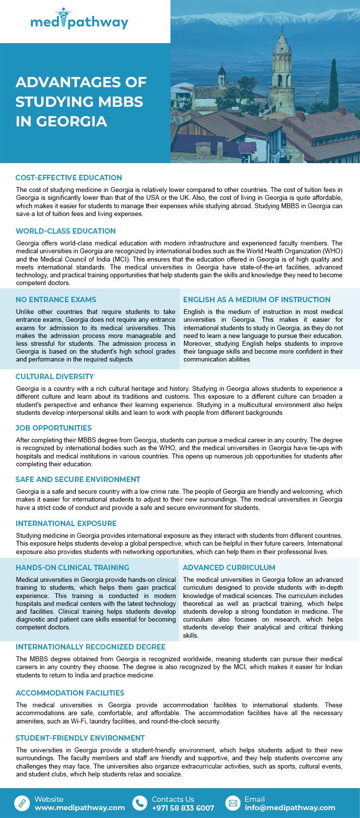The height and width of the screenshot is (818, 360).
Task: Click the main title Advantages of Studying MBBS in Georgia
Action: click(x=81, y=101)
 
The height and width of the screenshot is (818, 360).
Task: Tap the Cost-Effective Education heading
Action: click(x=69, y=178)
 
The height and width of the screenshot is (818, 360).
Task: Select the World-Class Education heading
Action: click(x=66, y=231)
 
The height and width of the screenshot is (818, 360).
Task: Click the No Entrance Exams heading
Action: click(x=56, y=300)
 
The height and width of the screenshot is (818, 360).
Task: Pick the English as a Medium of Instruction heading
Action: click(x=257, y=300)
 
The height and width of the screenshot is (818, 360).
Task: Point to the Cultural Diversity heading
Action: click(x=54, y=377)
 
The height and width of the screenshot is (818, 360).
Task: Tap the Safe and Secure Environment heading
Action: click(x=78, y=480)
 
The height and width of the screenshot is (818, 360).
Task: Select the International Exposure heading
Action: click(x=66, y=524)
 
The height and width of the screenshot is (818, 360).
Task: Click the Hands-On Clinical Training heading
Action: click(x=72, y=568)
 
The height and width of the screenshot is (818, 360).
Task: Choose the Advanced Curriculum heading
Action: click(x=229, y=568)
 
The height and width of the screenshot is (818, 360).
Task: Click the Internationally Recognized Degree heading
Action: click(x=91, y=647)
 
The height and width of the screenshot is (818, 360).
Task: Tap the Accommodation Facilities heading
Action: click(x=70, y=693)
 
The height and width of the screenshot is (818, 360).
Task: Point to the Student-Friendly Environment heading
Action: click(x=80, y=738)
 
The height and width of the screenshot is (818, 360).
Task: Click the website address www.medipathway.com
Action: click(x=79, y=808)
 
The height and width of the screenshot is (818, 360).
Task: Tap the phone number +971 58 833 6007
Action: click(x=183, y=808)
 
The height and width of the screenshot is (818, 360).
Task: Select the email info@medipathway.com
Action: click(x=290, y=808)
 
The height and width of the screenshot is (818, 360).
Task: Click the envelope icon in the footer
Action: click(x=233, y=803)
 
